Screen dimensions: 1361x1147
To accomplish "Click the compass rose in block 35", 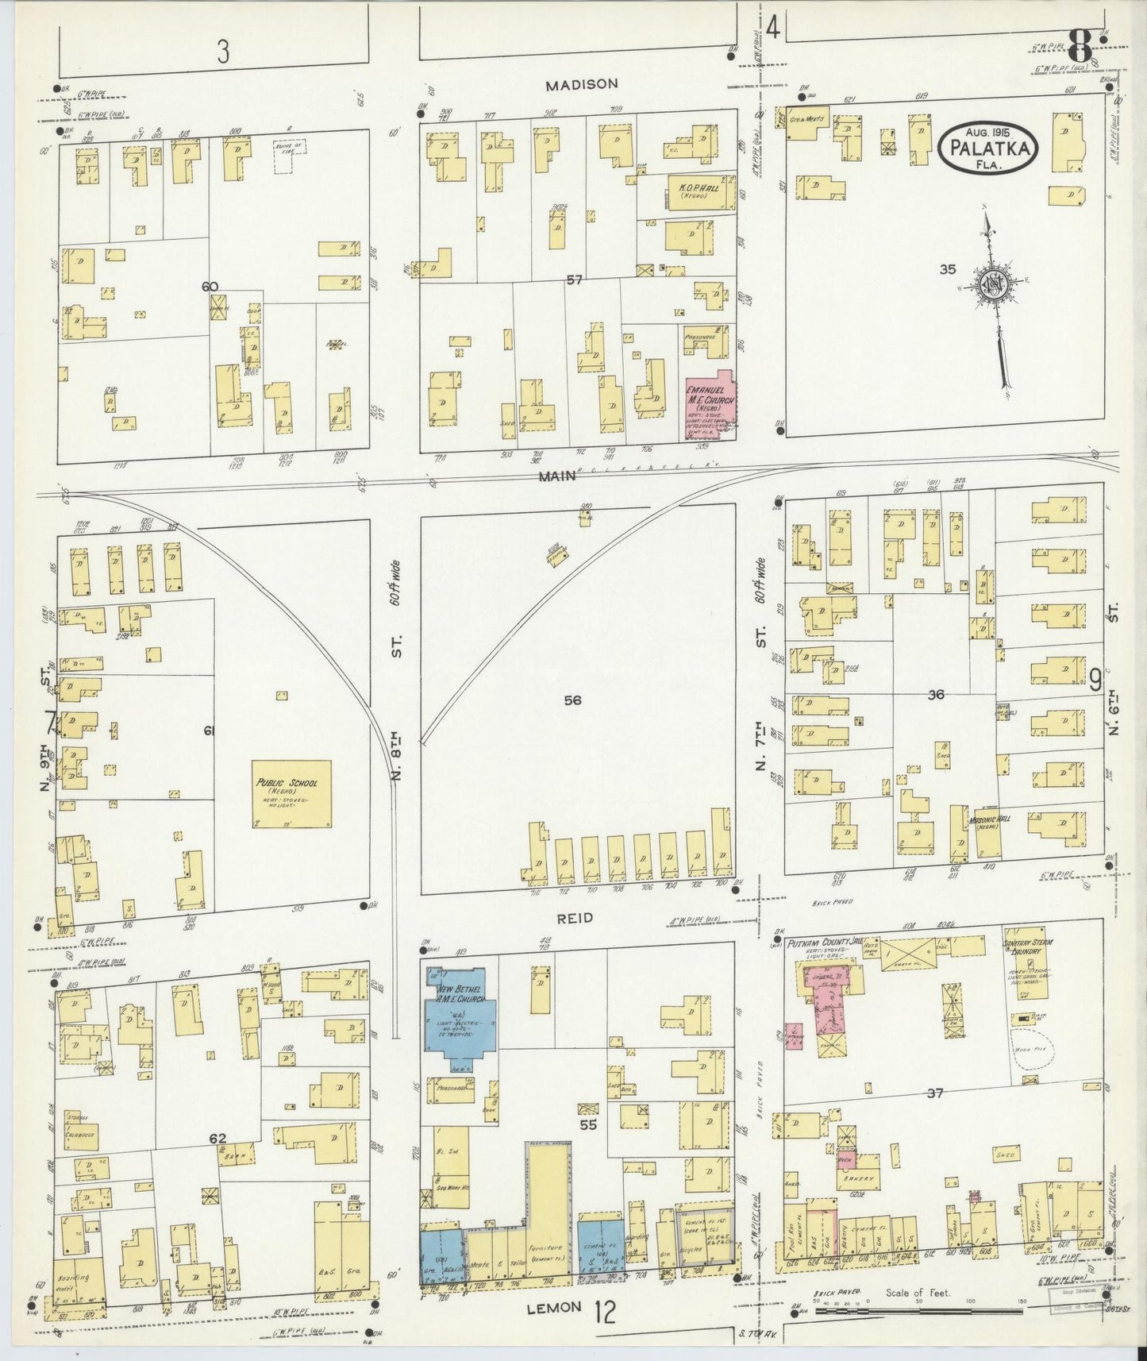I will point(994,290).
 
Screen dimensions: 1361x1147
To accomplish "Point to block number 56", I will point(572,700).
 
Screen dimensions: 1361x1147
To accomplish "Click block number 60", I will point(210,287).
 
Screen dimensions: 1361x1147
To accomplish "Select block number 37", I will point(934,1093).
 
